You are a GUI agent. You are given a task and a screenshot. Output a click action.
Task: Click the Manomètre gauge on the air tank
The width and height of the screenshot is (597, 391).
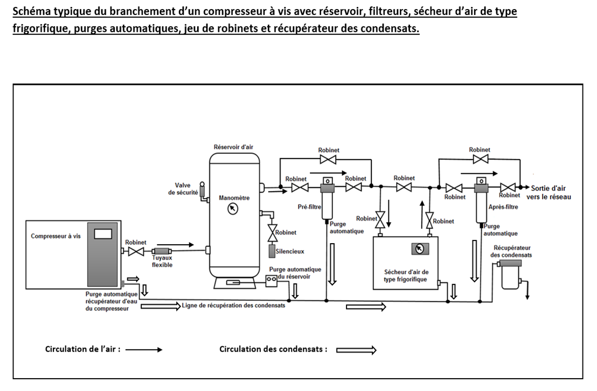point(233,209)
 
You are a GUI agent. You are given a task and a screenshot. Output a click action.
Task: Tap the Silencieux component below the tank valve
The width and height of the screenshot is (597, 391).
point(273,251)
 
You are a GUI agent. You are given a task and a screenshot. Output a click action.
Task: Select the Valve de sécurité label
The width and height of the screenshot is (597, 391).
point(183,189)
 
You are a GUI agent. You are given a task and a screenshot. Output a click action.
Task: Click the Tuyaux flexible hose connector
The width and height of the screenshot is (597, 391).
point(161,252)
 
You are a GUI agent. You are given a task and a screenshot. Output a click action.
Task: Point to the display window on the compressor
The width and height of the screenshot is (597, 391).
point(103,233)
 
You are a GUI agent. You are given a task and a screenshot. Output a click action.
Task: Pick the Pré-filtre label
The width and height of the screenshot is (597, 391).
point(310,206)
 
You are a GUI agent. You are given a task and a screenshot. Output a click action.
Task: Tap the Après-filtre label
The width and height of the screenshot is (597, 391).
point(503,207)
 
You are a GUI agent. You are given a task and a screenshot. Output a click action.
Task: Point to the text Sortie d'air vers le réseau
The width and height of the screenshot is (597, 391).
point(549,193)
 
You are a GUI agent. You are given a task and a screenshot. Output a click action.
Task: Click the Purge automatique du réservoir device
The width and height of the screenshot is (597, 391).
point(273,279)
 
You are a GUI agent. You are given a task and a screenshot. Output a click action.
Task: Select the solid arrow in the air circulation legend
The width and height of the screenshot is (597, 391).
point(143,350)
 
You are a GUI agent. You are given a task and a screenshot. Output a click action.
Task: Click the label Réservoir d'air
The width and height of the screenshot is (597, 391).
point(232,147)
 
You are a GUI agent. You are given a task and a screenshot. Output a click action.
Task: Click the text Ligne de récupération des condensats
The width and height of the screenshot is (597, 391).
point(233,305)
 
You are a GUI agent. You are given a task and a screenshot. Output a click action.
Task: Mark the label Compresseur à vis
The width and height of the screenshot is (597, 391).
point(55,236)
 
